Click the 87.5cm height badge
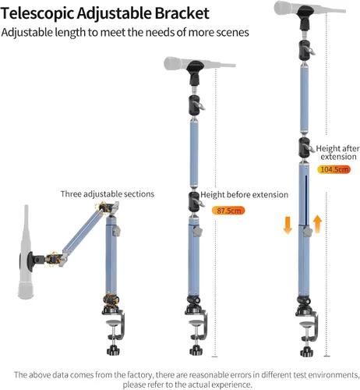pyautogui.click(x=228, y=211)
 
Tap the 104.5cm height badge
pyautogui.click(x=334, y=169)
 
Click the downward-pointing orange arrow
pyautogui.click(x=288, y=225)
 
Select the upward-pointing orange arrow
pyautogui.click(x=317, y=224)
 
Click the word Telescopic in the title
pyautogui.click(x=37, y=13)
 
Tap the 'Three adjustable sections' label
pyautogui.click(x=108, y=194)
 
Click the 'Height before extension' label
pyautogui.click(x=244, y=195)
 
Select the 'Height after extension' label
pyautogui.click(x=337, y=152)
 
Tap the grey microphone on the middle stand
pyautogui.click(x=199, y=63)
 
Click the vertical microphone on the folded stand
pyautogui.click(x=26, y=252)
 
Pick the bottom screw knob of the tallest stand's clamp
pyautogui.click(x=307, y=352)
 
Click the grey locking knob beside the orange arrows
pyautogui.click(x=308, y=232)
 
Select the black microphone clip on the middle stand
pyautogui.click(x=196, y=73)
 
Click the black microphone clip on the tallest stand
pyautogui.click(x=305, y=18)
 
